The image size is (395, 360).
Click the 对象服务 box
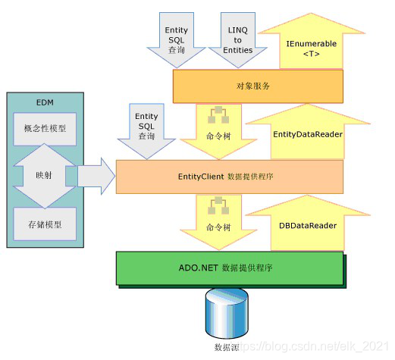(258, 86)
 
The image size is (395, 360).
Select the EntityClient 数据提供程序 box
(229, 176)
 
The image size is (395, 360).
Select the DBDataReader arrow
(307, 224)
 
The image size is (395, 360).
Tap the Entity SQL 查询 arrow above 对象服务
(177, 39)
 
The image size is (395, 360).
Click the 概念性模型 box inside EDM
(40, 128)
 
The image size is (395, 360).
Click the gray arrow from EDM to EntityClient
(95, 176)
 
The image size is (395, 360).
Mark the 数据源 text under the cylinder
(228, 348)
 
